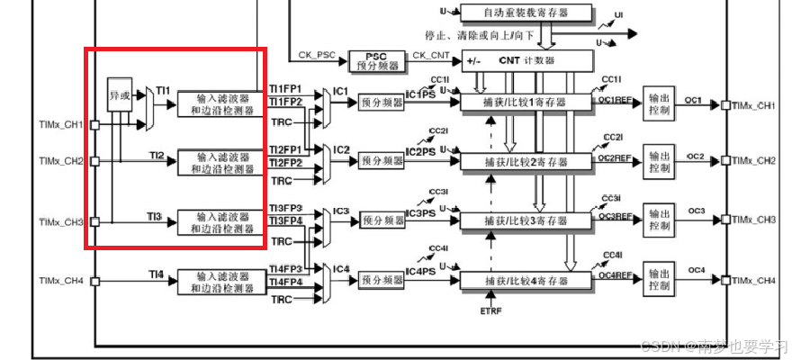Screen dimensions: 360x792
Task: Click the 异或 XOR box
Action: coord(119,93)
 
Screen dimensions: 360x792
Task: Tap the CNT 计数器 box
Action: coord(527,61)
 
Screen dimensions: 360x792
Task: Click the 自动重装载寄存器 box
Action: coord(526,13)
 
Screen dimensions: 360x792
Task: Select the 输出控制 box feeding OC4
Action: coord(659,281)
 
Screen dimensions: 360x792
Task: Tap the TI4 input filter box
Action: coord(221,282)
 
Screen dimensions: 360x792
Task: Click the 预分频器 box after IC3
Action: coord(382,220)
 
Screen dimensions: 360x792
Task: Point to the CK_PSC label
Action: coord(316,55)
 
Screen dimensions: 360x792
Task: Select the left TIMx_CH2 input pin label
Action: coord(61,162)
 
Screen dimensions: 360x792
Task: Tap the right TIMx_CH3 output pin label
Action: coord(755,220)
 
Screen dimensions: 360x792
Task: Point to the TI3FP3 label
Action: coord(286,209)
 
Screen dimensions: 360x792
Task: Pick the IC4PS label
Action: coord(420,271)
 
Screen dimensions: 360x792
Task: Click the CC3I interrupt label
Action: coord(438,193)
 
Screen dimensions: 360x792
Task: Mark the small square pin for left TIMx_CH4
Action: coord(94,281)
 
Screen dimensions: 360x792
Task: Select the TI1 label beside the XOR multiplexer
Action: coord(163,91)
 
